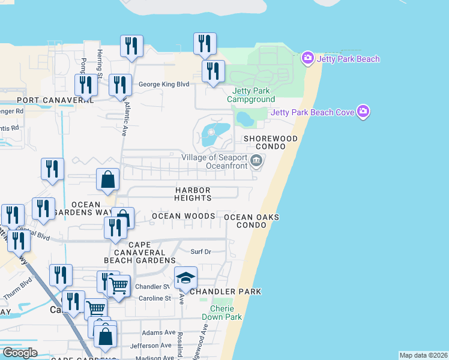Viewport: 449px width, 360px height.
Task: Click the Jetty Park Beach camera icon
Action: coord(308,58)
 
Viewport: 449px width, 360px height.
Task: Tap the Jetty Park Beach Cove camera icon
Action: coord(363,112)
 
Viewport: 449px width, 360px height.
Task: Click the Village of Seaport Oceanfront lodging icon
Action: coord(256,160)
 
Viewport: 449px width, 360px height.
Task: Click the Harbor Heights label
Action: coord(193,194)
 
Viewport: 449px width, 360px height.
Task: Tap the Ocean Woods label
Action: coord(183,216)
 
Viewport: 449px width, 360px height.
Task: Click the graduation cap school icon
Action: coord(186,278)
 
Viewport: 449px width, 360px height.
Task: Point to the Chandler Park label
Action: coord(226,292)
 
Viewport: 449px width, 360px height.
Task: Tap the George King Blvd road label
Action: coord(164,85)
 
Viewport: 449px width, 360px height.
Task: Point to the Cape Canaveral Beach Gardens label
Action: coord(140,253)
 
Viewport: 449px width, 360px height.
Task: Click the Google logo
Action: coord(20,353)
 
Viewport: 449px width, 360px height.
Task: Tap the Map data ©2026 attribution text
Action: coord(423,355)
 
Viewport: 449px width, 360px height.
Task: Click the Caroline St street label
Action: coord(155,298)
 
